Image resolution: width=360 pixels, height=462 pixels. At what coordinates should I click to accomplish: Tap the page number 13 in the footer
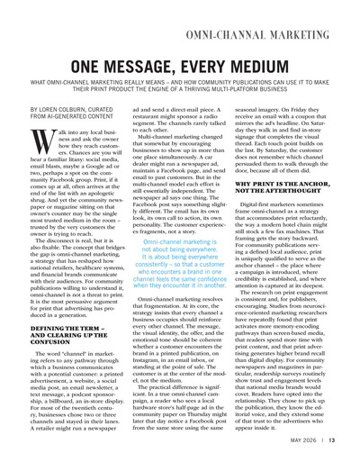pyautogui.click(x=344, y=440)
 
